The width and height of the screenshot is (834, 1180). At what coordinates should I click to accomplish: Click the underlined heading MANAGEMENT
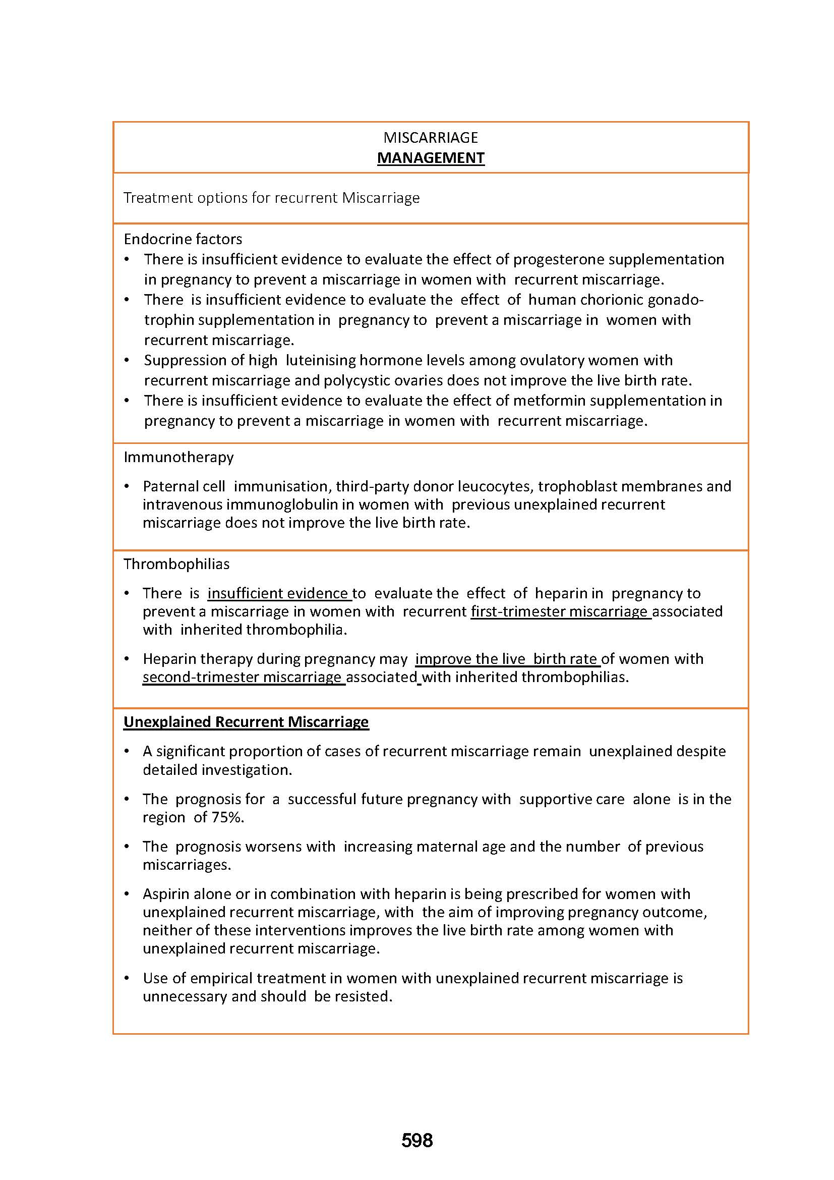(x=430, y=158)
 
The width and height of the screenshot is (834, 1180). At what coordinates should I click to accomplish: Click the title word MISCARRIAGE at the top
(x=430, y=137)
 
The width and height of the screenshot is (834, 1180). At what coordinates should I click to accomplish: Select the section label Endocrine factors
(x=183, y=239)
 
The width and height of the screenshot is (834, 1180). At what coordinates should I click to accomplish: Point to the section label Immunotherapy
(x=178, y=457)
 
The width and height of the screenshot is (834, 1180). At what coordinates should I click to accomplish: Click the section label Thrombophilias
(x=176, y=564)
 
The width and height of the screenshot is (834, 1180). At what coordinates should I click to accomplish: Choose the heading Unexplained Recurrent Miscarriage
(x=246, y=721)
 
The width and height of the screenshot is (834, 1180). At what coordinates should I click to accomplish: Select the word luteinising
(x=321, y=360)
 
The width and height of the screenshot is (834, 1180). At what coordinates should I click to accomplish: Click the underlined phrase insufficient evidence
(x=278, y=593)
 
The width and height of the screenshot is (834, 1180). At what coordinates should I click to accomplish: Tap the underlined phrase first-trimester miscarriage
(x=560, y=611)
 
